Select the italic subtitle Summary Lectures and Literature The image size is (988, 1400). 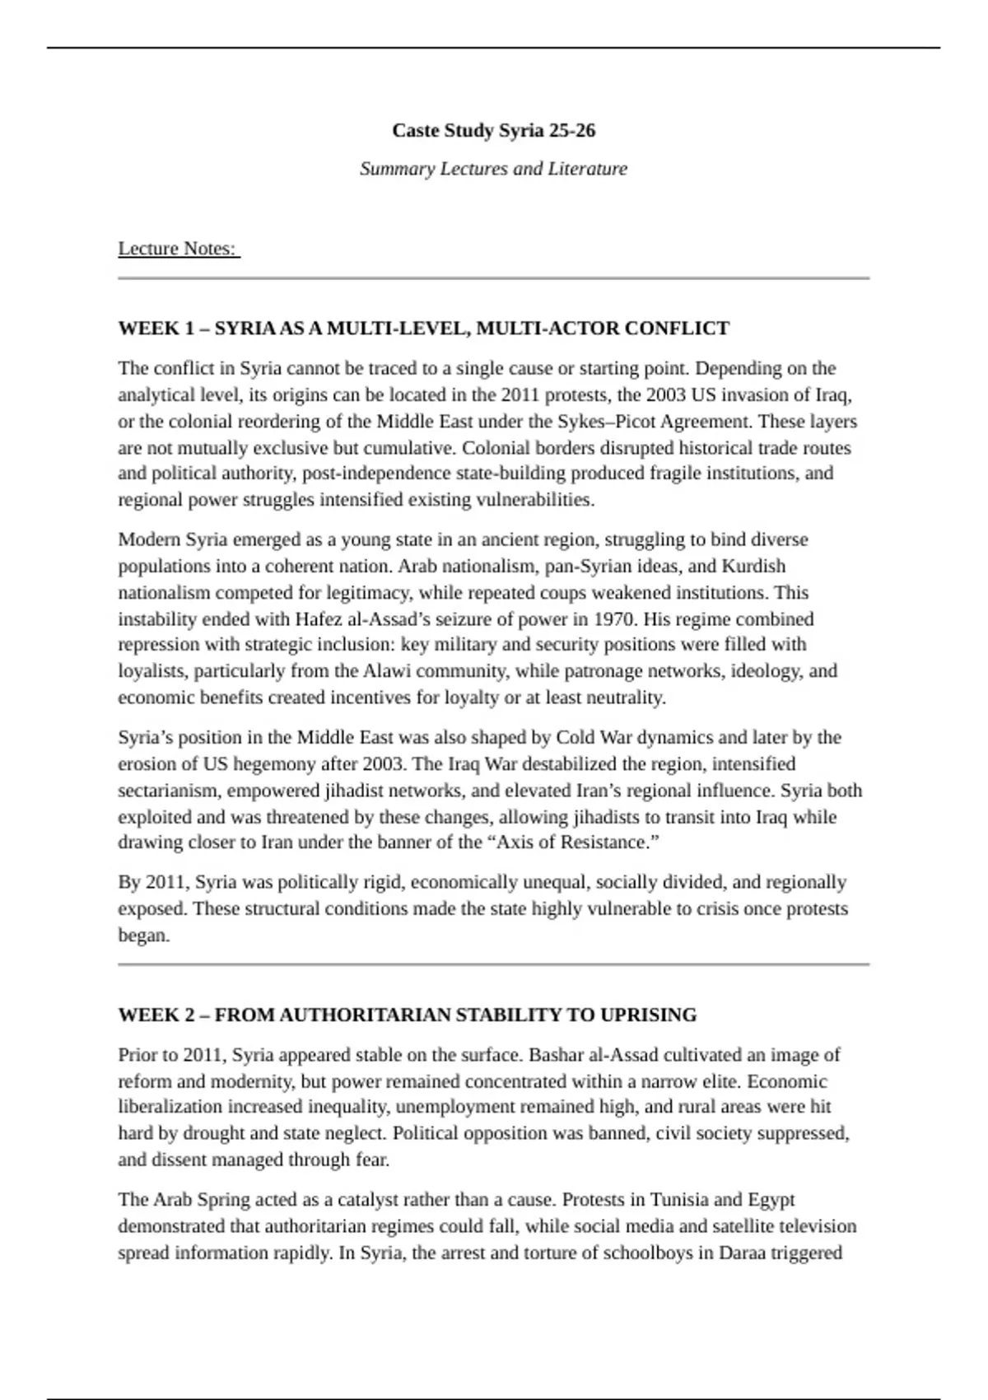[x=493, y=169]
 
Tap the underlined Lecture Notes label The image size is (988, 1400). [x=177, y=249]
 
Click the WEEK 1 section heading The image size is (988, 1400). [x=423, y=329]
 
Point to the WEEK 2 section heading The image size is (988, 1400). [x=407, y=1015]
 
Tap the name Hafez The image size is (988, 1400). [x=319, y=619]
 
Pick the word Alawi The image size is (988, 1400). [x=386, y=671]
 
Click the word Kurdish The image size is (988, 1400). [x=753, y=567]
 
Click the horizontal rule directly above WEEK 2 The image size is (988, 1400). [x=493, y=964]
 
